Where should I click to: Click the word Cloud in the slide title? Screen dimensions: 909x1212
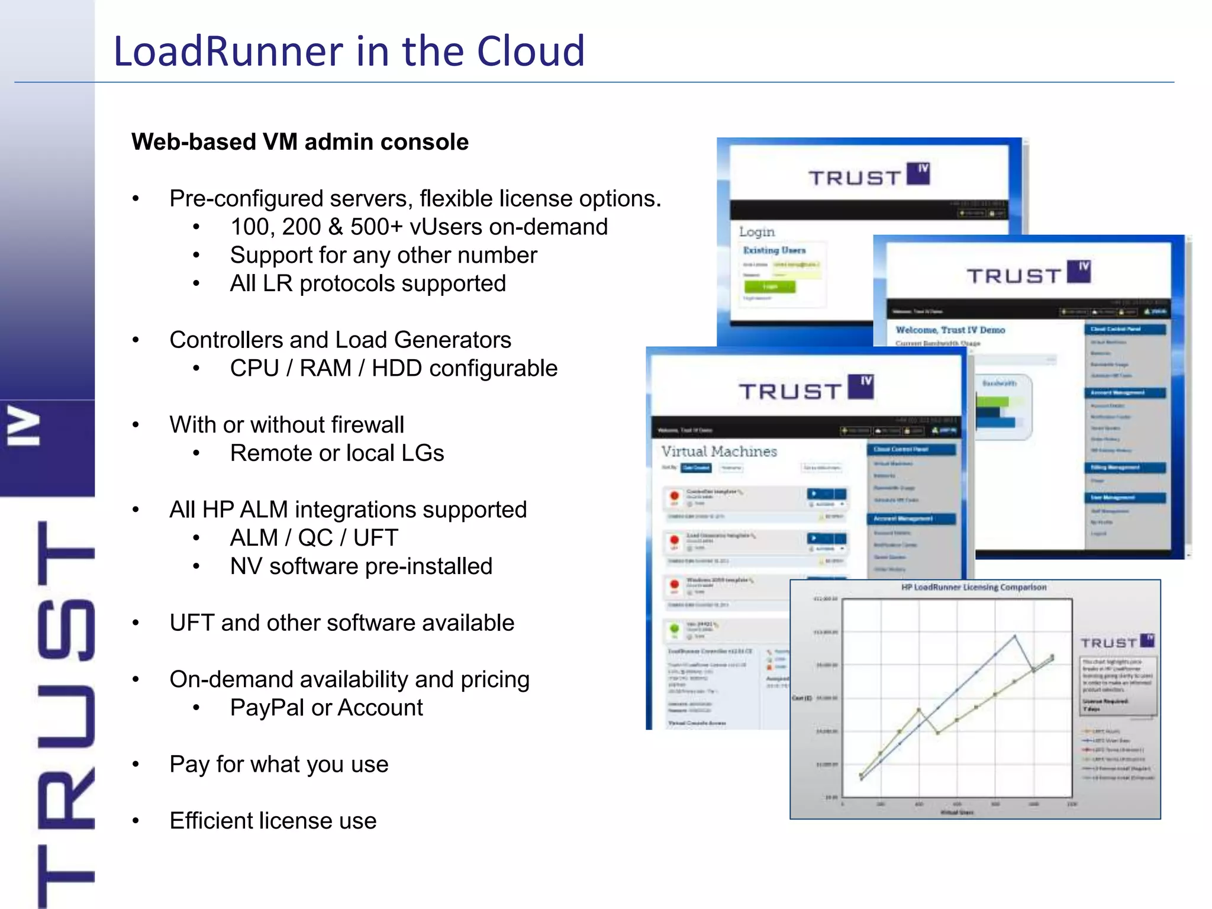[x=530, y=51]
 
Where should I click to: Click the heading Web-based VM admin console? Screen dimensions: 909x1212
[x=300, y=142]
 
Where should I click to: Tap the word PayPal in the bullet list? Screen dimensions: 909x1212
[x=266, y=708]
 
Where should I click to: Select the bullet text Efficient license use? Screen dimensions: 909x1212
[x=273, y=821]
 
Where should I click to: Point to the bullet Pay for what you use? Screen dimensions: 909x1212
[x=279, y=764]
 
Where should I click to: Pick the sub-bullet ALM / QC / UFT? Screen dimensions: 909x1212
[x=314, y=538]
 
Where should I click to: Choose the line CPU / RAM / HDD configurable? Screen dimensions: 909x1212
[x=394, y=368]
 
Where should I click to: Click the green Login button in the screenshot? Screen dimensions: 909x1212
[x=769, y=287]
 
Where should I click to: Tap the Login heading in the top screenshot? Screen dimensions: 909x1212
[x=757, y=231]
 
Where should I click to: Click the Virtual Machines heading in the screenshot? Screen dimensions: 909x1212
[x=719, y=452]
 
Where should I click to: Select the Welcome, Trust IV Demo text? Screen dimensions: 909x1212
[x=950, y=330]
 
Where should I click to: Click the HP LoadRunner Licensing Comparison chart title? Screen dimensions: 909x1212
[x=974, y=587]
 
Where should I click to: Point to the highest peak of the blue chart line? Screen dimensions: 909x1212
[x=1015, y=636]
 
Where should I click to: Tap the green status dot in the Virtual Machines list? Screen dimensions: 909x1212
[x=674, y=628]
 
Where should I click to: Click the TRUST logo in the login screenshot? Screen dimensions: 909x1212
[x=869, y=176]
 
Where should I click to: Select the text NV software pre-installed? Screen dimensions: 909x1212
[x=361, y=566]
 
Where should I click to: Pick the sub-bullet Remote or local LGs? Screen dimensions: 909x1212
[x=337, y=453]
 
